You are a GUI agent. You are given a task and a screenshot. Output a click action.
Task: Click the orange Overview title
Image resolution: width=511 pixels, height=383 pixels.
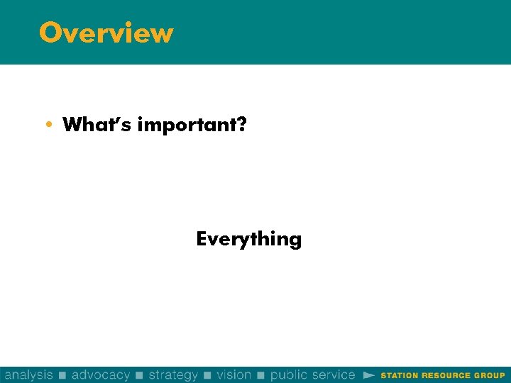tap(106, 33)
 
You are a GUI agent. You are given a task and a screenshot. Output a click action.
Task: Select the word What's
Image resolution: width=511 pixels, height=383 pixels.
tap(97, 125)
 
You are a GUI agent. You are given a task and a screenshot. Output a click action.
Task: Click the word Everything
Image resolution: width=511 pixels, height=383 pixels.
tap(248, 239)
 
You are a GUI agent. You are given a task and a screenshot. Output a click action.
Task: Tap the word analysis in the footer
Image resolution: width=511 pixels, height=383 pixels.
tap(29, 374)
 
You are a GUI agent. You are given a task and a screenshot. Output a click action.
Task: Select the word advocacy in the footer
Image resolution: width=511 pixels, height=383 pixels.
tap(101, 374)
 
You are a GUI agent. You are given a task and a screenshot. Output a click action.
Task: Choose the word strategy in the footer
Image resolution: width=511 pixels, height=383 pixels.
tap(173, 374)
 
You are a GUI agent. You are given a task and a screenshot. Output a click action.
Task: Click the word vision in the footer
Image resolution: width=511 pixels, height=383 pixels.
tap(234, 374)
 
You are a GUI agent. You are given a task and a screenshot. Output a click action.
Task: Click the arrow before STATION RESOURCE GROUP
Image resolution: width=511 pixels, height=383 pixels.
tap(368, 374)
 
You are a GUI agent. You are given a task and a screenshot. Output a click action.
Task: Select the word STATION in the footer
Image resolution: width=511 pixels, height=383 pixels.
tap(400, 375)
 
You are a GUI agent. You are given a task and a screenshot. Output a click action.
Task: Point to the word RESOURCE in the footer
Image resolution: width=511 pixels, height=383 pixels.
tap(446, 375)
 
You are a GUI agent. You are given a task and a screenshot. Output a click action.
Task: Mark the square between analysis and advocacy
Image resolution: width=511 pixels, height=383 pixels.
tap(62, 375)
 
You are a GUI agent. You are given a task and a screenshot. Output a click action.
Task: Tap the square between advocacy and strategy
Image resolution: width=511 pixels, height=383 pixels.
tap(139, 375)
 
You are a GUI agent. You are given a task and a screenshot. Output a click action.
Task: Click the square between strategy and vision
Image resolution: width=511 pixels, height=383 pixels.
tap(208, 375)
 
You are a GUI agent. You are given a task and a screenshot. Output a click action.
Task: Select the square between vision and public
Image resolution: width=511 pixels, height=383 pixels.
tap(260, 375)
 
